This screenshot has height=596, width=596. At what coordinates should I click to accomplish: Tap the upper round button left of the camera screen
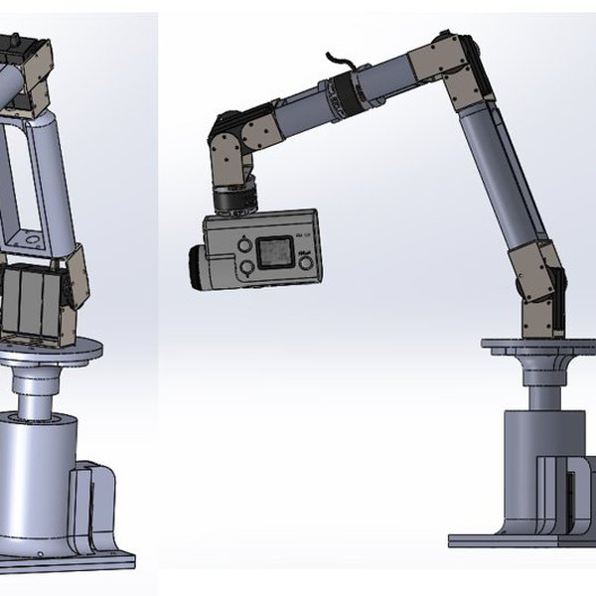(243, 241)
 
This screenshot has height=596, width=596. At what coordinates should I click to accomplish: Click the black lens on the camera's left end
(198, 267)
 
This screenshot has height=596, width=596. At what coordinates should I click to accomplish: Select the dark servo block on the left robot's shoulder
(30, 303)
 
